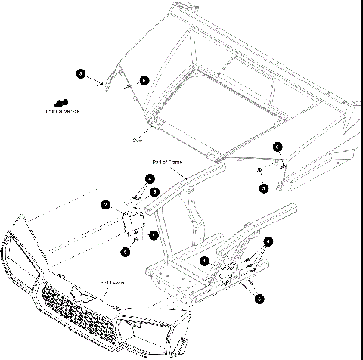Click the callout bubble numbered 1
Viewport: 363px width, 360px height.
pos(204,259)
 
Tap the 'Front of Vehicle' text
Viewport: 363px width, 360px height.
pos(63,111)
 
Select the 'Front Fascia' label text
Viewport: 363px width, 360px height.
pos(110,283)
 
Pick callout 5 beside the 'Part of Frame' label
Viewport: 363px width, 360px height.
pos(155,192)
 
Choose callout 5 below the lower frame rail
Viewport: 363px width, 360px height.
pos(259,299)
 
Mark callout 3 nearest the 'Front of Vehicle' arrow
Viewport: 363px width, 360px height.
pos(80,73)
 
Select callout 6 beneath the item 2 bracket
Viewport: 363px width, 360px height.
pos(126,250)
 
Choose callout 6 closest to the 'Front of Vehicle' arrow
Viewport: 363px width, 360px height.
pos(144,79)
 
